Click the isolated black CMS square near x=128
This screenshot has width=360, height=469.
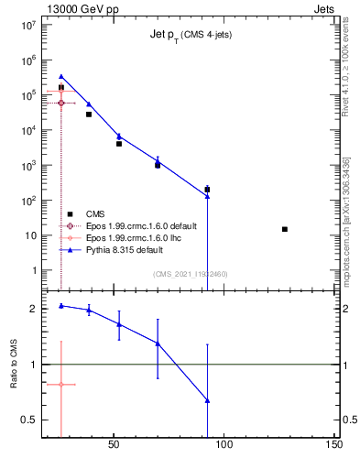coord(285,229)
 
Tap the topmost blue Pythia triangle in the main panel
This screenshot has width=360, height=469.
coord(61,77)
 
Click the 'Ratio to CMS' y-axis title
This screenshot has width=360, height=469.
coord(15,365)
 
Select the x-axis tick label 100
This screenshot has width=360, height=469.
coord(224,450)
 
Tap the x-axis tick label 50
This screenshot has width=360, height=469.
coord(114,450)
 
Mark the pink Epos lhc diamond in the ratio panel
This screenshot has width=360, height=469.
coord(61,385)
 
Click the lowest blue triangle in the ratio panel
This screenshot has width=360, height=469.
coord(208,400)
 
